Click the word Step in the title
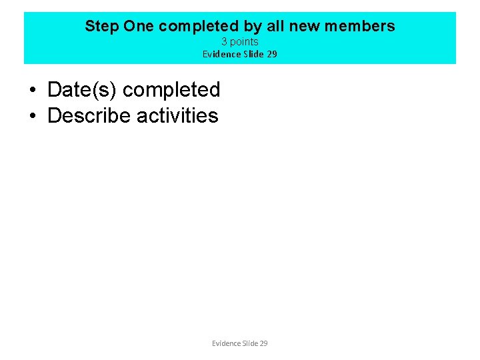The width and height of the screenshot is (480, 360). click(x=101, y=27)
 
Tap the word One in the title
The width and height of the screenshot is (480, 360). click(x=139, y=27)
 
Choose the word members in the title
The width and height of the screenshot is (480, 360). click(x=362, y=27)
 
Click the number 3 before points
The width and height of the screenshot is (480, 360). click(x=225, y=42)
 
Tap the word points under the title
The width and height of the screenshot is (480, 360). click(x=244, y=42)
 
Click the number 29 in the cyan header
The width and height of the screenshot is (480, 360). click(x=271, y=54)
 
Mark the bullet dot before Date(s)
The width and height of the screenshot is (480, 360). click(x=32, y=90)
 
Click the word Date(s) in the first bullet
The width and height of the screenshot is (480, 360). click(x=83, y=89)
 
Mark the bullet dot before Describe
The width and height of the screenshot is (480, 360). click(x=32, y=116)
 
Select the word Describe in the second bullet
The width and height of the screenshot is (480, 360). click(x=89, y=115)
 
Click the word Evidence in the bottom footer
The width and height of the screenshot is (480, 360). click(x=227, y=343)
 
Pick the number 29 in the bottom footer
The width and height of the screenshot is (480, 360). click(x=263, y=343)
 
